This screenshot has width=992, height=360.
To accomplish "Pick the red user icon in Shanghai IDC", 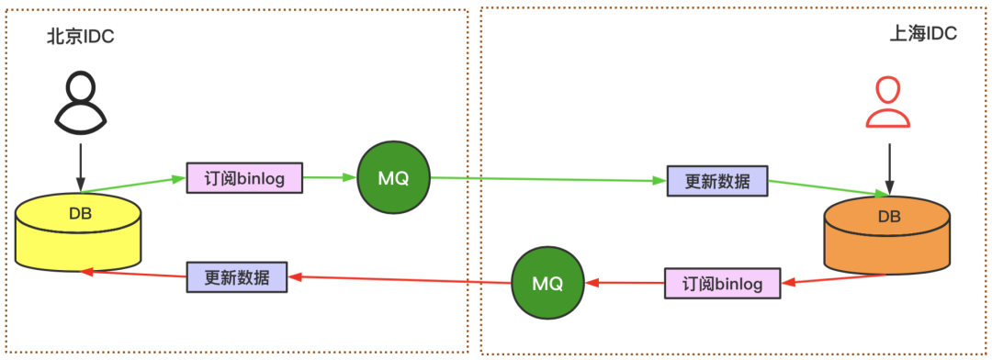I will (887, 102).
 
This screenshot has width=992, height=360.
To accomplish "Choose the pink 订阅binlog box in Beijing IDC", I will (244, 177).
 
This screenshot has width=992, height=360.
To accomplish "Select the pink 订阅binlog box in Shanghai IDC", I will (721, 283).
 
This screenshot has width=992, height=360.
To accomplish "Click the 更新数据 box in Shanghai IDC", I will (716, 182).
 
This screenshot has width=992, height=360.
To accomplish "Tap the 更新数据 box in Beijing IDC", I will (236, 276).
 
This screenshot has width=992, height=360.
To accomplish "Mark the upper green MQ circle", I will (393, 178).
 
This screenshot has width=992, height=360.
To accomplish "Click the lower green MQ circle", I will (547, 283).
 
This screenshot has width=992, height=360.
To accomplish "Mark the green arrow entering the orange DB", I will (828, 187).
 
